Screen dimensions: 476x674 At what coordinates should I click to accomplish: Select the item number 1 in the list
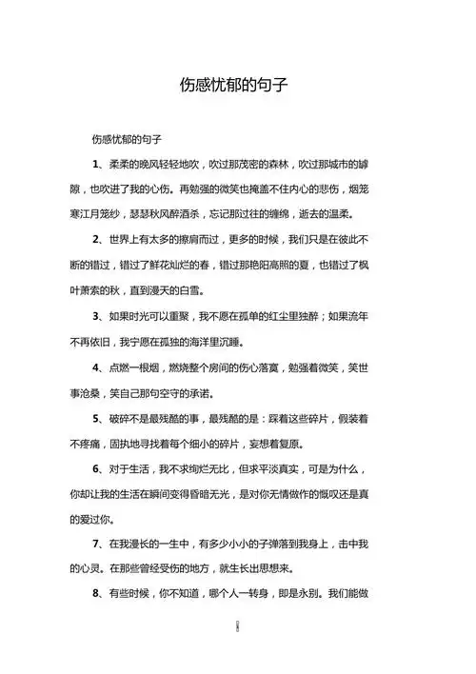(97, 165)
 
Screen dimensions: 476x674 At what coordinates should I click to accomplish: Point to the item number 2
(97, 239)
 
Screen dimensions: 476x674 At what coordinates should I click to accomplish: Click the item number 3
(97, 314)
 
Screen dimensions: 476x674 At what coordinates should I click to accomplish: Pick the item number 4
(97, 367)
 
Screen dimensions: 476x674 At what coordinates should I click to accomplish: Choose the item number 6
(97, 470)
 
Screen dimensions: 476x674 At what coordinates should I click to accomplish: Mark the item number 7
(97, 545)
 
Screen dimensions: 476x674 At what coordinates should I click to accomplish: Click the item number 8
(97, 593)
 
